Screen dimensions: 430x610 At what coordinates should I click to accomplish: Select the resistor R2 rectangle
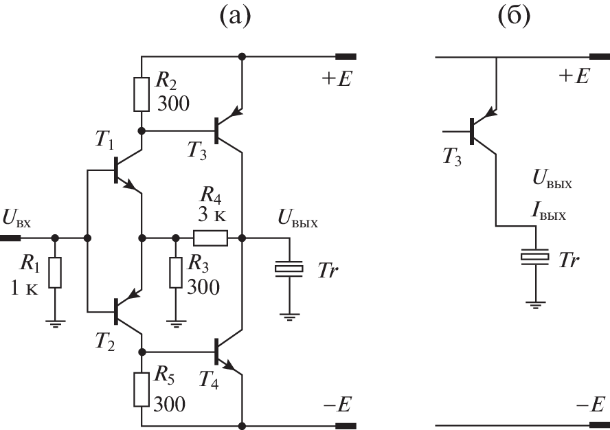[142, 94]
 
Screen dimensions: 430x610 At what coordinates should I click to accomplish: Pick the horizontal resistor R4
[210, 238]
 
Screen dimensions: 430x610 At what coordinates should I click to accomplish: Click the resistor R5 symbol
[142, 389]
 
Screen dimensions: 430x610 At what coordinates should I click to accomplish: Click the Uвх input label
[21, 220]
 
